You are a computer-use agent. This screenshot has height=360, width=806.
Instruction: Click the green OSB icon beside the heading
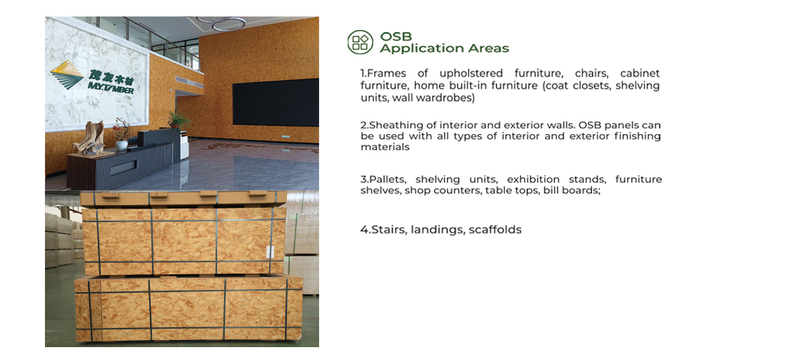[361, 41]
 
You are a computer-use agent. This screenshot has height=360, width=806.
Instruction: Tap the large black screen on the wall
[276, 102]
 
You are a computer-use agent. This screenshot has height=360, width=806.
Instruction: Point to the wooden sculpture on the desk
[89, 138]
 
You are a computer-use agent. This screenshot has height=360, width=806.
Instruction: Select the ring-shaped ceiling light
[228, 23]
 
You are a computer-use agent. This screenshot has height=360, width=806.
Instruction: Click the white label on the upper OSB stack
[268, 251]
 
